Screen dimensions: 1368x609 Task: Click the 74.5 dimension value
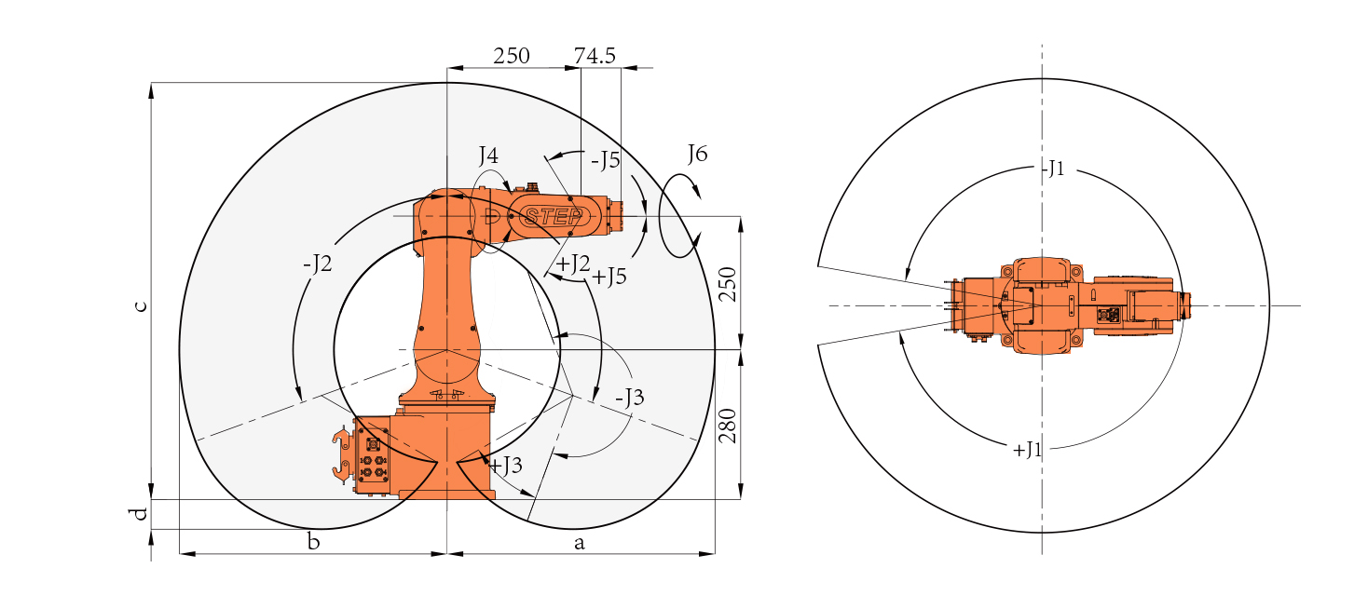click(x=595, y=56)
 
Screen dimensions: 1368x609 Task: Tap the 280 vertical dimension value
click(x=728, y=426)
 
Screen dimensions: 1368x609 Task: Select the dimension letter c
click(x=141, y=305)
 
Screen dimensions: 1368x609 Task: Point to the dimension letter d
click(x=141, y=514)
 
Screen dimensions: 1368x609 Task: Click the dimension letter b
click(x=313, y=541)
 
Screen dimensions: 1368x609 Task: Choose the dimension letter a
click(x=579, y=543)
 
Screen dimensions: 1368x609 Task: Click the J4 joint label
click(x=488, y=156)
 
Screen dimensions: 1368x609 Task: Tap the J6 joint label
click(x=697, y=153)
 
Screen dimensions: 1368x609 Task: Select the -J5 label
click(x=605, y=160)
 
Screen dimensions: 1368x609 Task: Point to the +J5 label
click(x=609, y=277)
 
